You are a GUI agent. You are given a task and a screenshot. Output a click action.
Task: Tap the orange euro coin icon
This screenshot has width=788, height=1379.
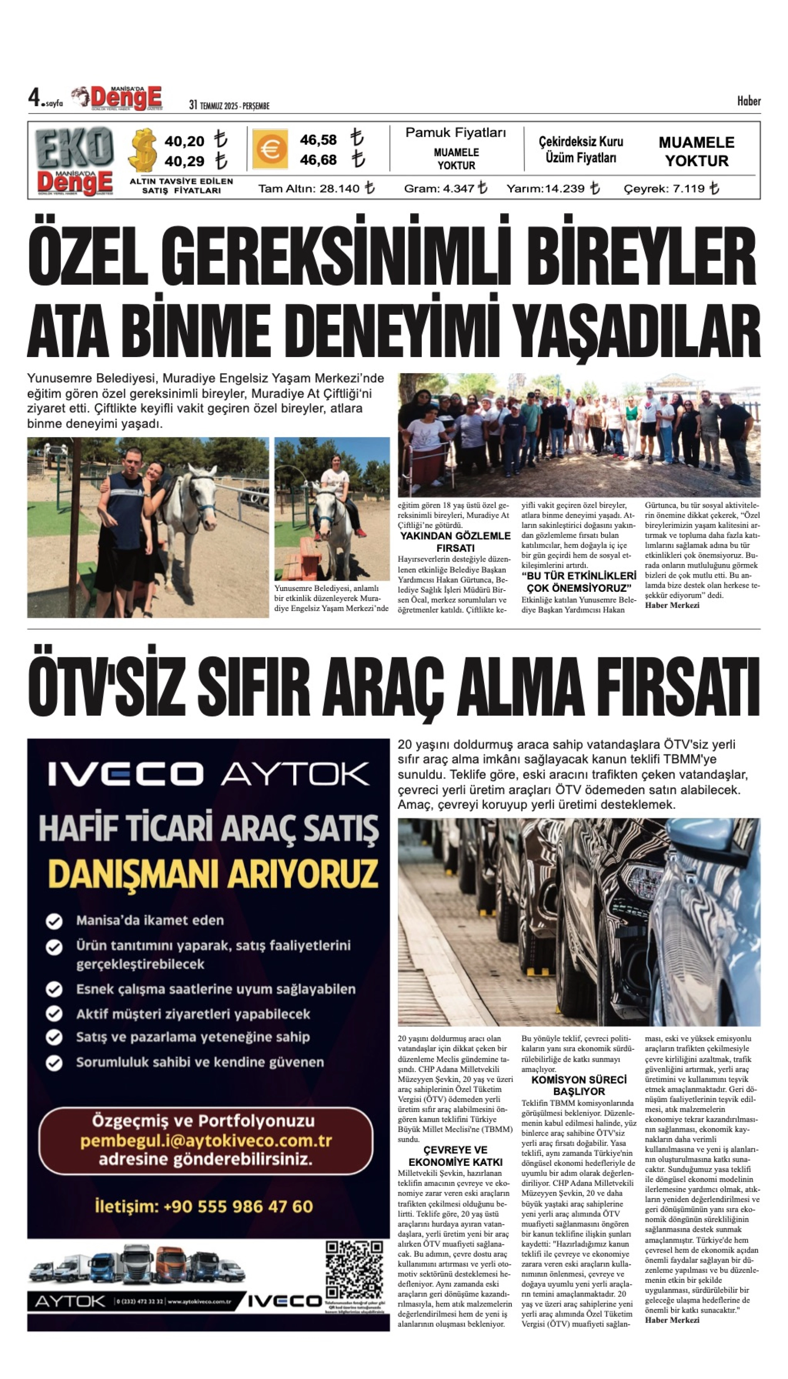pyautogui.click(x=270, y=149)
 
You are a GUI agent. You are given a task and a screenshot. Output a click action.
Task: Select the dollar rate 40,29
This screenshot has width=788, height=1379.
pyautogui.click(x=184, y=161)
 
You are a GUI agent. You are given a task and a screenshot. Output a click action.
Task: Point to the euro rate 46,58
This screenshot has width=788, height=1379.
pyautogui.click(x=318, y=140)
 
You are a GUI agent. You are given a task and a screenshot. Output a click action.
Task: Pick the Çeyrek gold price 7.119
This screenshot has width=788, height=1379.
pyautogui.click(x=688, y=189)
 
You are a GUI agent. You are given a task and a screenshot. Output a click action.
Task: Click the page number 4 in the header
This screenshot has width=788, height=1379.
pyautogui.click(x=34, y=98)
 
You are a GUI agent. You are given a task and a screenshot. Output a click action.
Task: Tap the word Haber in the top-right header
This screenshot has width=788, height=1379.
pyautogui.click(x=749, y=101)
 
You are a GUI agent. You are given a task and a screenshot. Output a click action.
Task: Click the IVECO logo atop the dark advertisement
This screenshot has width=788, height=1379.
pyautogui.click(x=126, y=774)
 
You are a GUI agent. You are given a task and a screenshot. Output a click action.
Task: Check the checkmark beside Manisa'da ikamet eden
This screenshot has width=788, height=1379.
pyautogui.click(x=54, y=920)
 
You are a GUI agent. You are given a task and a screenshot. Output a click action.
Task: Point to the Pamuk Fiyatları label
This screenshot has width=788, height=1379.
pyautogui.click(x=456, y=133)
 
